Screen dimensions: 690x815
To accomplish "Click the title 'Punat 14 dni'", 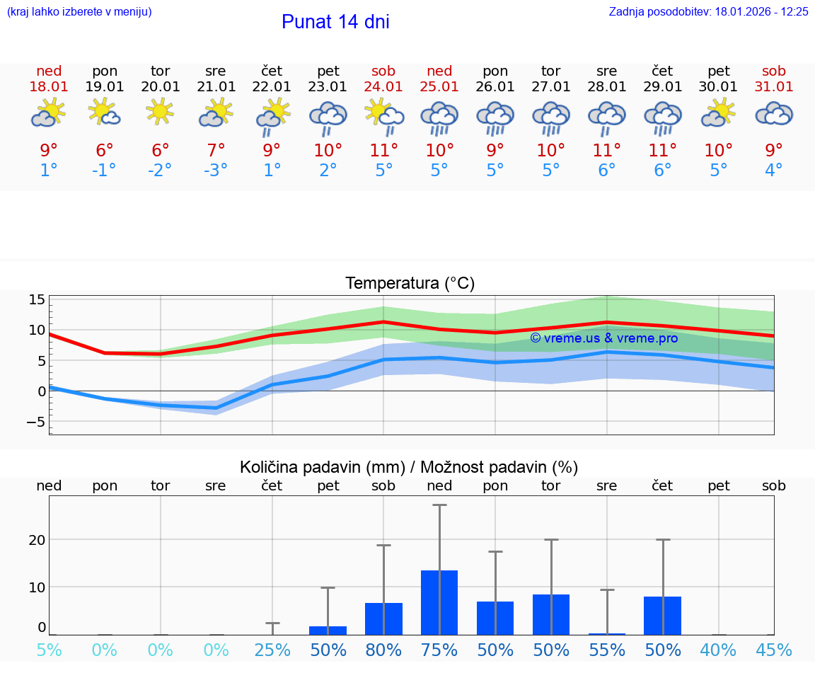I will click(x=335, y=22).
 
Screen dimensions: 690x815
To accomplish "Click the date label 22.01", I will click(x=272, y=87).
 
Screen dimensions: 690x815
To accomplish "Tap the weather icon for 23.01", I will click(x=328, y=117).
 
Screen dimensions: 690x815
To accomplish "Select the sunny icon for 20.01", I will click(x=160, y=112).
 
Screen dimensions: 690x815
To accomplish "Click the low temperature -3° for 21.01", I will click(x=216, y=171).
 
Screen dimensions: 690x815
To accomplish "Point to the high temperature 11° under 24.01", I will click(x=383, y=151).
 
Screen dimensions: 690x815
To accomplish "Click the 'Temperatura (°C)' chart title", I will click(x=410, y=284).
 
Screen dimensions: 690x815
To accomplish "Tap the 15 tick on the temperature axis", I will click(x=37, y=299).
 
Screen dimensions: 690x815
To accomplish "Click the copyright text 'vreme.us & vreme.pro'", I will click(x=603, y=338).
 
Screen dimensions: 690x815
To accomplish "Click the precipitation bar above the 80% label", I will click(x=383, y=619).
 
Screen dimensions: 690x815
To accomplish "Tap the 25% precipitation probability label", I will click(x=272, y=650).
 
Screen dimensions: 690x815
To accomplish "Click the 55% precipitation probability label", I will click(x=607, y=650).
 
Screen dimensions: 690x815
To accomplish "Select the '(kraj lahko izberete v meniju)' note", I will click(x=79, y=12).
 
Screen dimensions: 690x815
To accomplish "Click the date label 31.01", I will click(x=774, y=87).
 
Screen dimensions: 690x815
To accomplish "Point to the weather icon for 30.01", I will click(x=719, y=113).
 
